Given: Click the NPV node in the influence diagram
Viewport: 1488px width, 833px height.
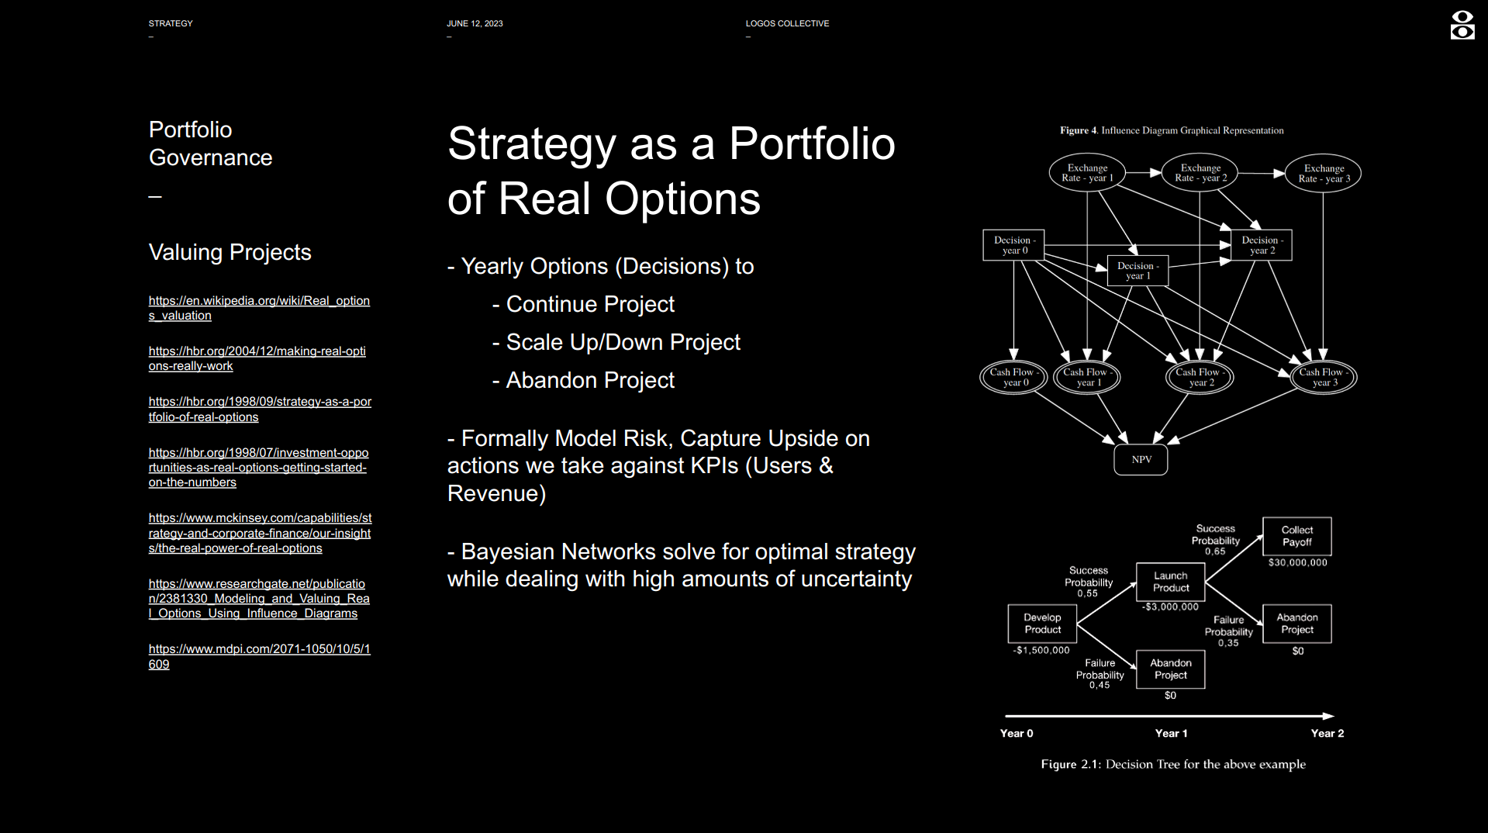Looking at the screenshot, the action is (x=1141, y=460).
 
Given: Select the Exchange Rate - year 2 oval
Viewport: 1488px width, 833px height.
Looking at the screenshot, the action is (x=1200, y=173).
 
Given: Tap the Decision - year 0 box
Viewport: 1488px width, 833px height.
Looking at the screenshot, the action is (x=1013, y=245).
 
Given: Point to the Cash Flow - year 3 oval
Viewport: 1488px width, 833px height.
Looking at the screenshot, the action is (x=1324, y=378).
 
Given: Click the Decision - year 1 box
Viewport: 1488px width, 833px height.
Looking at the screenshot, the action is (x=1138, y=271).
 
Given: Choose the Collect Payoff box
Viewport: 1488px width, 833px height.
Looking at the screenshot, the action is (x=1296, y=536).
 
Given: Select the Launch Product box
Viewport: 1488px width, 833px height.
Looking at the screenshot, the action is (x=1170, y=582).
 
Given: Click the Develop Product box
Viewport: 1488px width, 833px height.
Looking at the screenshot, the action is (x=1042, y=624).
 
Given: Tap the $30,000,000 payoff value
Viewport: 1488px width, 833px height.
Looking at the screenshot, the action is (x=1297, y=562).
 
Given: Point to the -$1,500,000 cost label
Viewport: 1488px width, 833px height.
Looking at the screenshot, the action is (x=1041, y=651).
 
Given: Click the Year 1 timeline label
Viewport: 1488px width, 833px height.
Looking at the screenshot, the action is (x=1171, y=733).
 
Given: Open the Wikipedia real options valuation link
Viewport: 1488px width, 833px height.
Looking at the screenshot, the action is (x=259, y=308).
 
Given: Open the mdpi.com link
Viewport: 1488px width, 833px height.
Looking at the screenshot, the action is (x=260, y=656).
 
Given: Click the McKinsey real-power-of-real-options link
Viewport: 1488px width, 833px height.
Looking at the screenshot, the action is (x=260, y=533).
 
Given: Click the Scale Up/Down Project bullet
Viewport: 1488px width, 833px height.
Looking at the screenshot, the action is (x=616, y=342).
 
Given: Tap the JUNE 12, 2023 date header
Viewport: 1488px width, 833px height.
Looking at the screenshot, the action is (x=475, y=23).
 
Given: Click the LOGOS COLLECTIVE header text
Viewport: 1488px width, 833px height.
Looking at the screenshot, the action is (x=787, y=23).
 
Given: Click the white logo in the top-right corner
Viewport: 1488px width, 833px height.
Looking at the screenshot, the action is (x=1462, y=25).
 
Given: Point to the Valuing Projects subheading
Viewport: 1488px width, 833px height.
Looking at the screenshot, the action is (x=230, y=252).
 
